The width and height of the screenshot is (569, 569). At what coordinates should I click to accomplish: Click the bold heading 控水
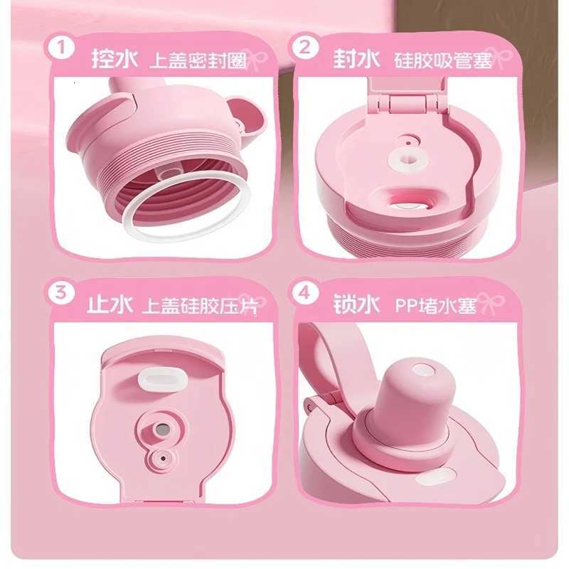(x=113, y=58)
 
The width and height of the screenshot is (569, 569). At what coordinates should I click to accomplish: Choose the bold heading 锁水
(x=353, y=304)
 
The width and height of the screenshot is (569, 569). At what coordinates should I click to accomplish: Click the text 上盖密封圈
(x=197, y=60)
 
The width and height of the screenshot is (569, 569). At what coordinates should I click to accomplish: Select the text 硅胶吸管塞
(x=442, y=60)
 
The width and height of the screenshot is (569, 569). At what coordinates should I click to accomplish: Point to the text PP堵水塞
(x=435, y=306)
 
